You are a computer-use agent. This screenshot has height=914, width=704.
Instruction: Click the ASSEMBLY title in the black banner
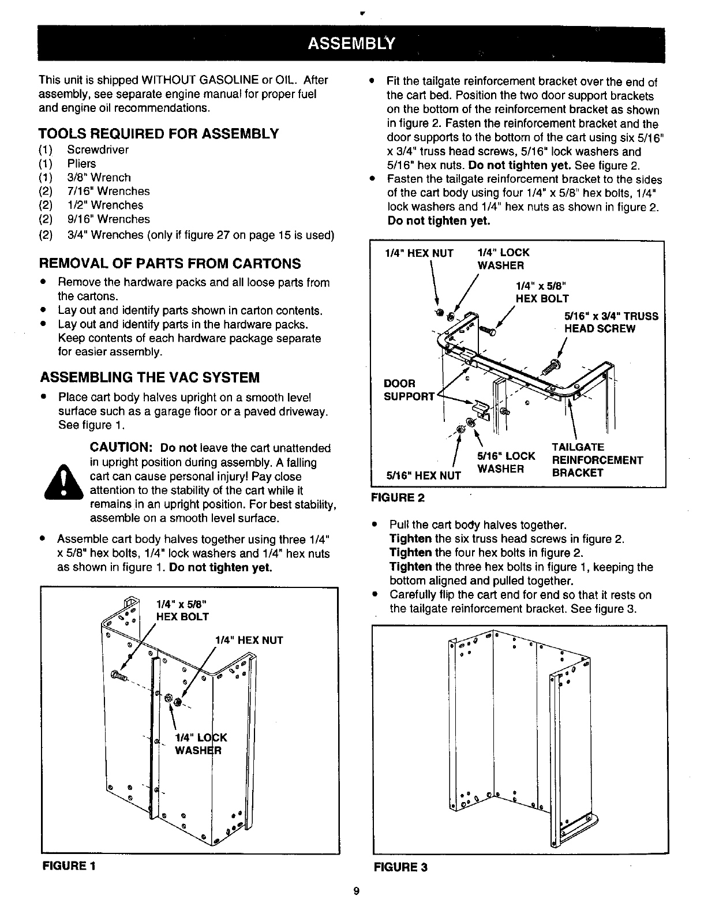351,44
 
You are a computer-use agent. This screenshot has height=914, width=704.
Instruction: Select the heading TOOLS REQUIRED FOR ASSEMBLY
159,134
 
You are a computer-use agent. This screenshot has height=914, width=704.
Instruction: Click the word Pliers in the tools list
81,164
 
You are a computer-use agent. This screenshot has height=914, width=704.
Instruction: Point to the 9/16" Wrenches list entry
108,219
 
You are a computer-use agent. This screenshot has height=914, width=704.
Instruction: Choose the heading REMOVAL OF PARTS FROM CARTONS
170,264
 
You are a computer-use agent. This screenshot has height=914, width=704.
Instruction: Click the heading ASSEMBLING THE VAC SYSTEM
149,378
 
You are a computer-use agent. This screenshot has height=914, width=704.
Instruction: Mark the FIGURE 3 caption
400,867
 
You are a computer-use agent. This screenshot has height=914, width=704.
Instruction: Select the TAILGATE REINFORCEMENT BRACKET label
597,460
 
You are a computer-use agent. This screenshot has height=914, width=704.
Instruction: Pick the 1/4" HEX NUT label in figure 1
249,640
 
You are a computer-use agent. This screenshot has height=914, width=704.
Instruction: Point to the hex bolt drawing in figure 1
118,676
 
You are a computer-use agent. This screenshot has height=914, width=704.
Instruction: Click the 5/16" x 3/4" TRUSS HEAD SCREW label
611,323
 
